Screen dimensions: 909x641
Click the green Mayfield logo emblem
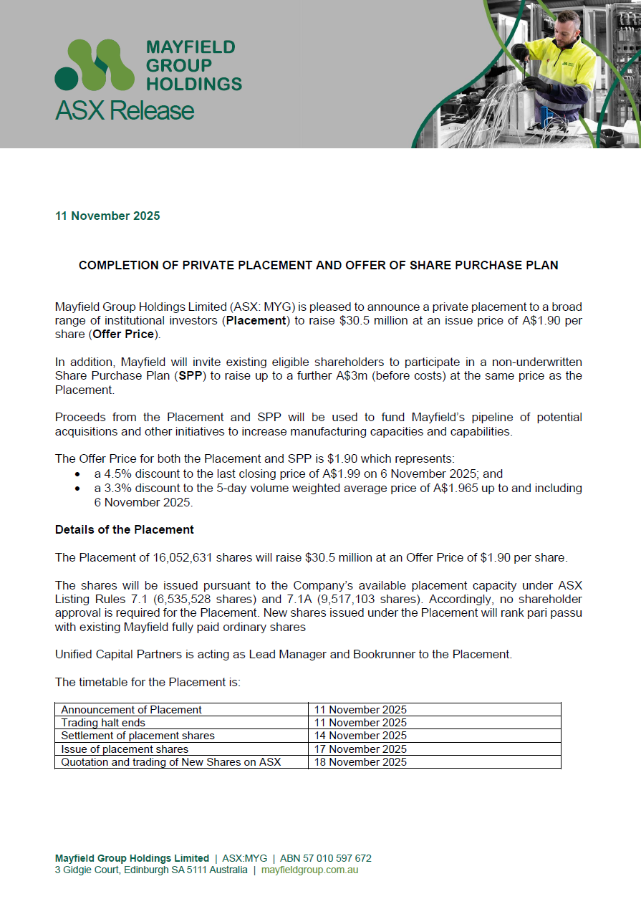(95, 64)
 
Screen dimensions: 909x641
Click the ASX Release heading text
(125, 111)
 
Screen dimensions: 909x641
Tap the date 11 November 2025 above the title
(107, 216)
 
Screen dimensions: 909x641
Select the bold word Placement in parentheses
(256, 321)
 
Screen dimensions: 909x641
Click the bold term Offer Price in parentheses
(124, 335)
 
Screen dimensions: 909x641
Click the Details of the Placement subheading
(125, 530)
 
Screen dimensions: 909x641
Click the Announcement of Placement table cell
(131, 710)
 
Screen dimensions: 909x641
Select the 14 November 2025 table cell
(360, 736)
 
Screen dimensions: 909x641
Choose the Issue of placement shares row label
(125, 749)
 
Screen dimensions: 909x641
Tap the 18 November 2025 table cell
(360, 762)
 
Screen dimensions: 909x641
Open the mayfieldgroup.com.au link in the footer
(309, 870)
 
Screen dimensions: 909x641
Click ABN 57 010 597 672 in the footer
(325, 858)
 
